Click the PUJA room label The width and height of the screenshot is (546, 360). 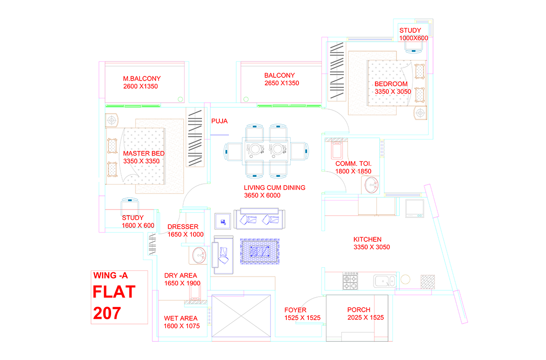pyautogui.click(x=219, y=121)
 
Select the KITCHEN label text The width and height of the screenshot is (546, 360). pyautogui.click(x=367, y=240)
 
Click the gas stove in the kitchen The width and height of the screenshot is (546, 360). pyautogui.click(x=350, y=281)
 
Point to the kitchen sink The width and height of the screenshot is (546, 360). pyautogui.click(x=384, y=281)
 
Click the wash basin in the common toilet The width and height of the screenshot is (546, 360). pyautogui.click(x=373, y=185)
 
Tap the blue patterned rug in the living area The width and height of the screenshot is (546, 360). pyautogui.click(x=260, y=251)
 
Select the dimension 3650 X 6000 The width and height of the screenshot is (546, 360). pyautogui.click(x=262, y=195)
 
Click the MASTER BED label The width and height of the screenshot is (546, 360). pyautogui.click(x=144, y=153)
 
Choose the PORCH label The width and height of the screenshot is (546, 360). pyautogui.click(x=359, y=310)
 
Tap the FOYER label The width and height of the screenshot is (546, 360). pyautogui.click(x=295, y=310)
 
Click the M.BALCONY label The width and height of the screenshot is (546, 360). pyautogui.click(x=142, y=79)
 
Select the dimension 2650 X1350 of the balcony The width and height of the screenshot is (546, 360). pyautogui.click(x=282, y=83)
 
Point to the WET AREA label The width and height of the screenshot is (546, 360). pyautogui.click(x=180, y=318)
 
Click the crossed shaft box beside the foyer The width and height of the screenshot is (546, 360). pyautogui.click(x=241, y=315)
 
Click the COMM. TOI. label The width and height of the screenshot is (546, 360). pyautogui.click(x=353, y=164)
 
